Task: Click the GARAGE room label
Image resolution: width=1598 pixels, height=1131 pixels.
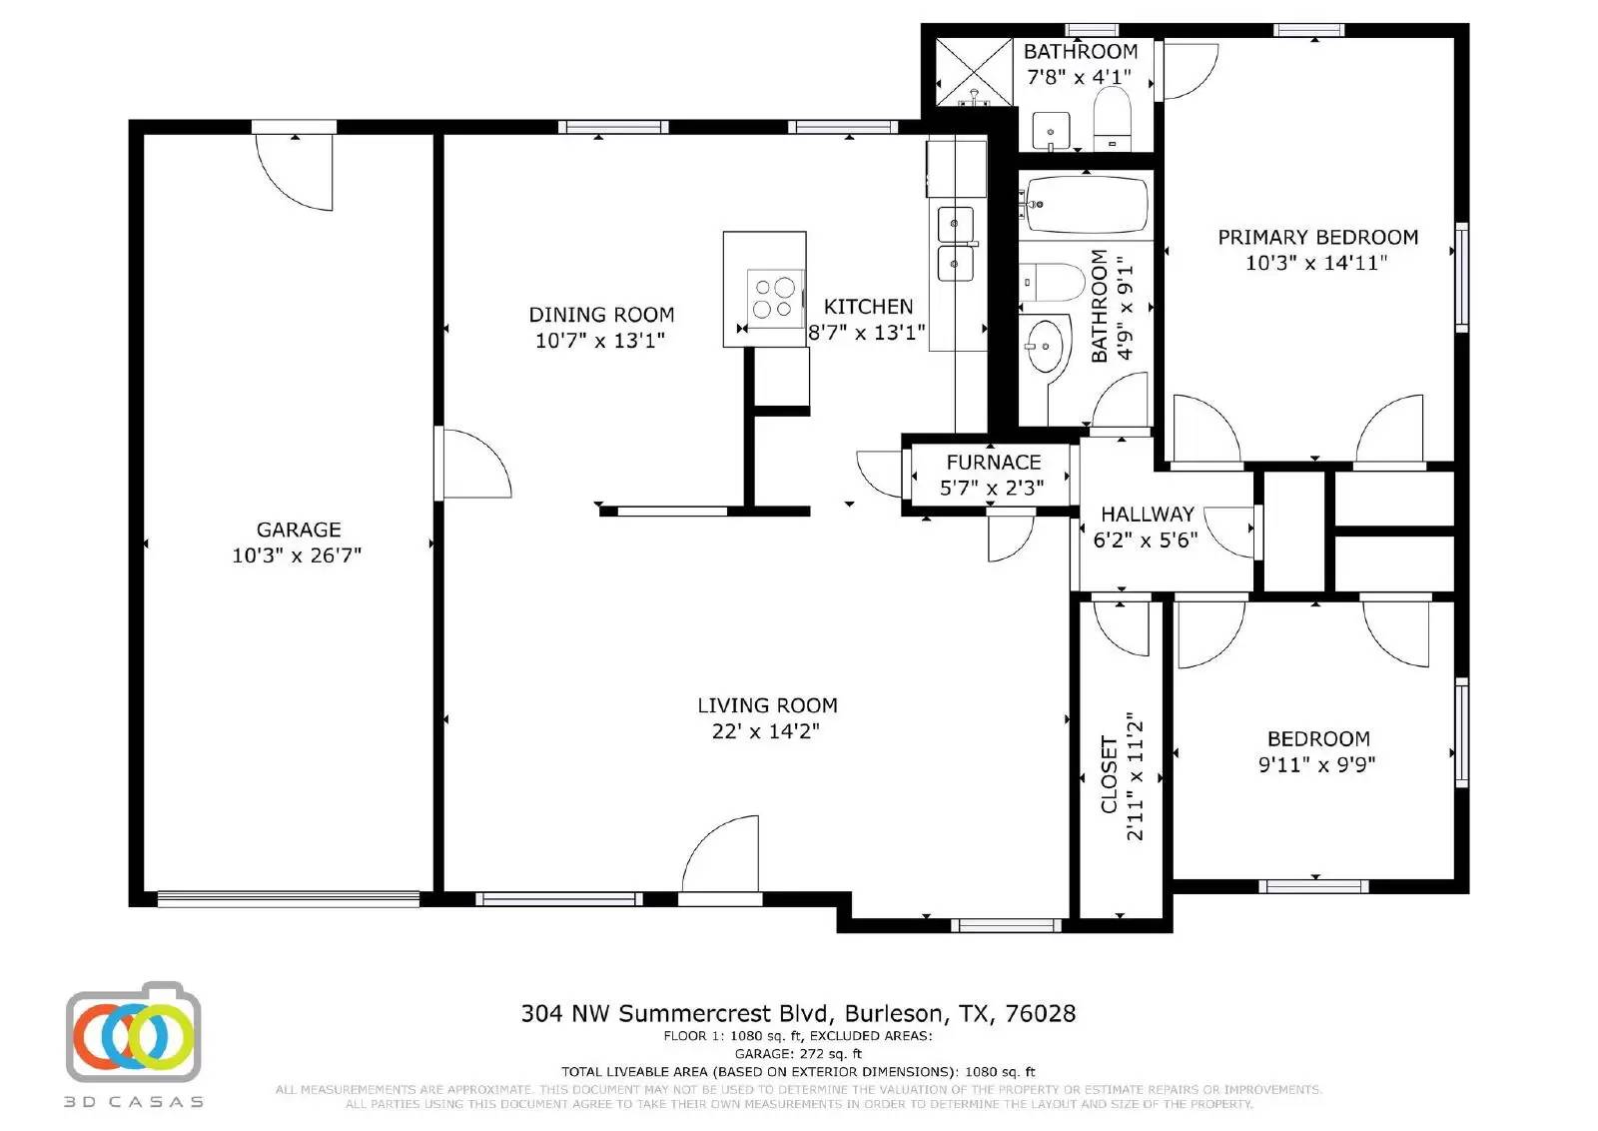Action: tap(299, 530)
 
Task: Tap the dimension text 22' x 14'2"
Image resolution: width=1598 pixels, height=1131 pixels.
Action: tap(766, 731)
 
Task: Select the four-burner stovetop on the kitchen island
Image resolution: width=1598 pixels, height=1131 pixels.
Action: tap(776, 297)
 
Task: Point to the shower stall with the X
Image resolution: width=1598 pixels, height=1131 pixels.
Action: tap(974, 71)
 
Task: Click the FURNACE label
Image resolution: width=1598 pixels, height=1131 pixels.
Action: tap(993, 463)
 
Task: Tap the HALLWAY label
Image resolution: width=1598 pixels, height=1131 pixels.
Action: tap(1147, 515)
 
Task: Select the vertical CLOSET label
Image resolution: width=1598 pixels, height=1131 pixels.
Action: tap(1109, 775)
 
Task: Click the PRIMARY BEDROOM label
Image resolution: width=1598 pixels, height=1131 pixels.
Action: tap(1317, 238)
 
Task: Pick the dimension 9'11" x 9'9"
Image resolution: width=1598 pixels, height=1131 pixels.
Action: tap(1316, 765)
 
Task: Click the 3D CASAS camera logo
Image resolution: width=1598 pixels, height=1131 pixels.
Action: tap(134, 1034)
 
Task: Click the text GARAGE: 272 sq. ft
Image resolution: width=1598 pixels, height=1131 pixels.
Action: tap(798, 1053)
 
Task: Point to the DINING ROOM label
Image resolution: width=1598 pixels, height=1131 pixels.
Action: tap(601, 315)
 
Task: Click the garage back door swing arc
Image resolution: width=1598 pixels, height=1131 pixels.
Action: tap(297, 172)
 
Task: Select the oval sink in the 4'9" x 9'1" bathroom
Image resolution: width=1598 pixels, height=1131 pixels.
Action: tap(1046, 345)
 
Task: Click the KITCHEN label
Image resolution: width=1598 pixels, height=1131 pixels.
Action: tap(868, 307)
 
